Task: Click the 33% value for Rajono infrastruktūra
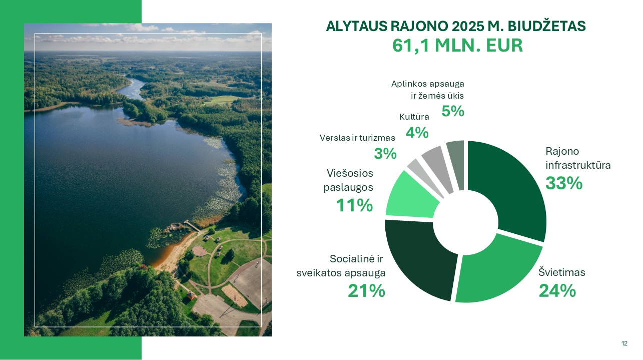pos(564,183)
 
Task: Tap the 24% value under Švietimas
pos(557,291)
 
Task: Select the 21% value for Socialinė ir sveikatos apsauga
pos(366,291)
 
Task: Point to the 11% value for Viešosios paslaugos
pos(354,205)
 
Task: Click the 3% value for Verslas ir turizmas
pos(385,153)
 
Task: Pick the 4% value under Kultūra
pos(417,133)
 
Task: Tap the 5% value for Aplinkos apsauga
pos(453,111)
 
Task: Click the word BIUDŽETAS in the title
pos(546,26)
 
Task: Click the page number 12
pos(624,343)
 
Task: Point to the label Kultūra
pos(414,117)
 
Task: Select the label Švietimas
pos(561,272)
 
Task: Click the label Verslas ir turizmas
pos(357,138)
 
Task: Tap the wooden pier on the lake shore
pos(192,226)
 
